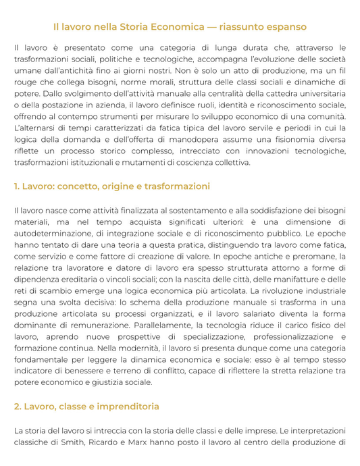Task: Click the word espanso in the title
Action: tap(284, 27)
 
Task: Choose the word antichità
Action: tap(97, 70)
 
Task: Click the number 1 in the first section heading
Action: tap(16, 186)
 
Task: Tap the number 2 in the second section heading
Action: tap(17, 407)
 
